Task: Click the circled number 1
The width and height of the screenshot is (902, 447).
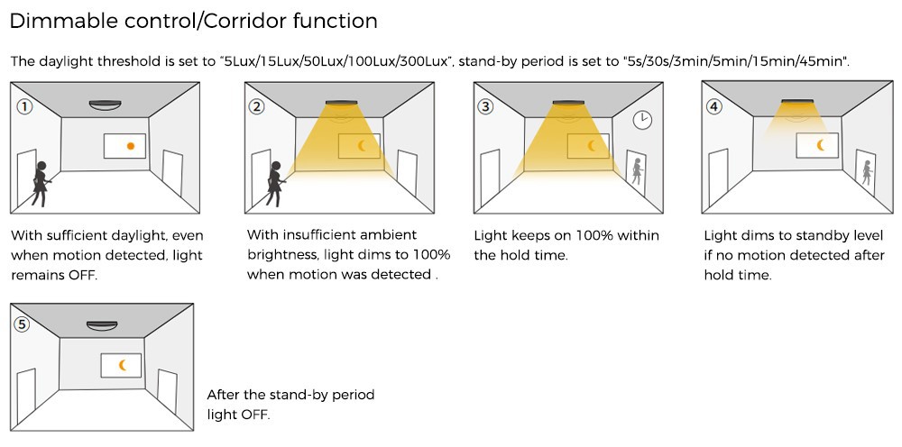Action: point(24,106)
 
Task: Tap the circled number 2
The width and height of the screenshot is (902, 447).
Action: point(258,106)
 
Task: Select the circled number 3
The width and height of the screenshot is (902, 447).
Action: point(486,106)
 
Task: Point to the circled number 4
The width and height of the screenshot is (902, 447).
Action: point(714,105)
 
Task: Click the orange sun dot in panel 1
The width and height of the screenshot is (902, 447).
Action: point(131,146)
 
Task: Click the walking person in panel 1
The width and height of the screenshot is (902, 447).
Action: point(41,181)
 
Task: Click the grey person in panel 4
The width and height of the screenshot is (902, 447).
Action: point(866,172)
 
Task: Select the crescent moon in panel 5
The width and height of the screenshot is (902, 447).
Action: point(123,365)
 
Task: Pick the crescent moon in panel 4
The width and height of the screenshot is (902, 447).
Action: point(821,144)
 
